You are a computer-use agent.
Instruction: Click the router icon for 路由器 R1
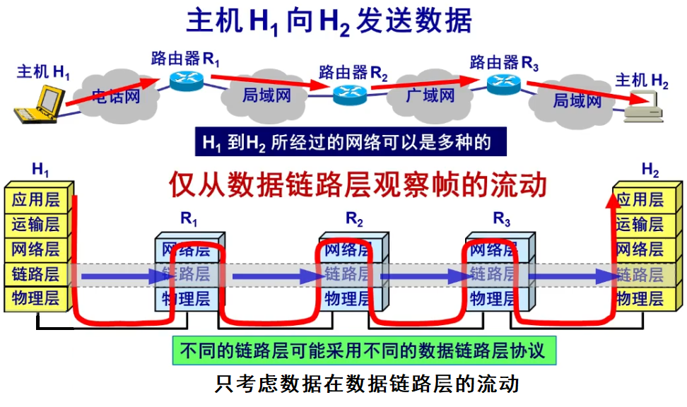(x=187, y=80)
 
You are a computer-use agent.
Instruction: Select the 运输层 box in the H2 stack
(x=640, y=225)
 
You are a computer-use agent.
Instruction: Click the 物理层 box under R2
(x=347, y=298)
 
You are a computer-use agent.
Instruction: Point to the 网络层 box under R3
(x=493, y=249)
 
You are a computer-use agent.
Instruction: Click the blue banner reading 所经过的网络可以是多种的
(x=351, y=142)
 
